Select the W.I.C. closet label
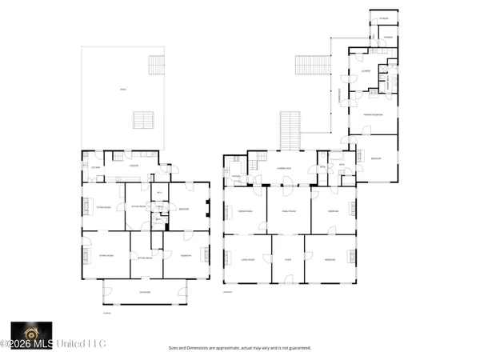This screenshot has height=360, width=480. pyautogui.click(x=159, y=193)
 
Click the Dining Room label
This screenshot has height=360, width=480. pyautogui.click(x=246, y=210)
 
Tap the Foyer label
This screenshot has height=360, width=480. pyautogui.click(x=288, y=259)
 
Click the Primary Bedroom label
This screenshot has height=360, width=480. pyautogui.click(x=372, y=114)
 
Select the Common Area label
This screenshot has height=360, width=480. pyautogui.click(x=285, y=167)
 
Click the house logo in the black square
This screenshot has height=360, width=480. pyautogui.click(x=31, y=332)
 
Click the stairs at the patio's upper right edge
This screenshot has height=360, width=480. pyautogui.click(x=156, y=65)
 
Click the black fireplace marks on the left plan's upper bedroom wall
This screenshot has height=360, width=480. pyautogui.click(x=207, y=210)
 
